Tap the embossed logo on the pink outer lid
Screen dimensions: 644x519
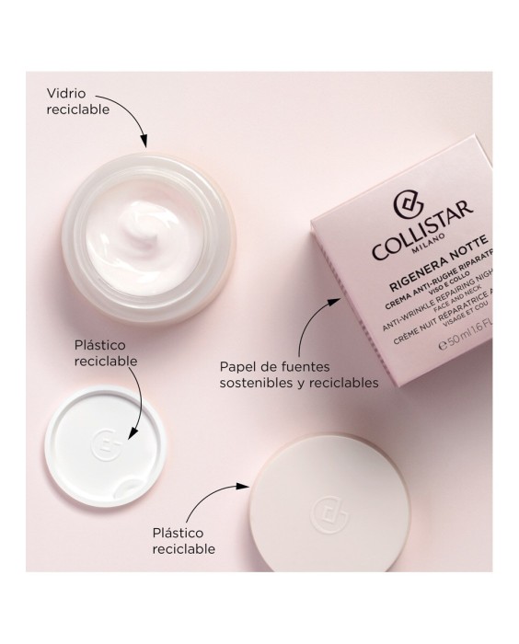pos(324,510)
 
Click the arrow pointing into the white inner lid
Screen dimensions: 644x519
pos(134,406)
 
